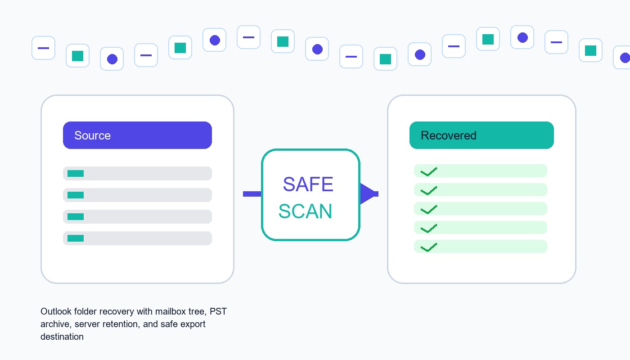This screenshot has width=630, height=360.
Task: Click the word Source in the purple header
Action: [x=92, y=135]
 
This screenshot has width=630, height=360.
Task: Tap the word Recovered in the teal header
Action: [x=448, y=135]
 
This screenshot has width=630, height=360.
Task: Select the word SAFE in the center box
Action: [x=308, y=184]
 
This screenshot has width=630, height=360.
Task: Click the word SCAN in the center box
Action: [x=306, y=211]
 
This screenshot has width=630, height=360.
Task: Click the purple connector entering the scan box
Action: [x=252, y=194]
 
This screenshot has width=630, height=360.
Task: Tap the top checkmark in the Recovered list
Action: [x=428, y=171]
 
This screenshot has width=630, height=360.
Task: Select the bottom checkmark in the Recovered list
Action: [x=428, y=247]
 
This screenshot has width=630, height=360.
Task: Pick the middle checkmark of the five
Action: [x=428, y=210]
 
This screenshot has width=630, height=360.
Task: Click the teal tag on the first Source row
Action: [x=76, y=174]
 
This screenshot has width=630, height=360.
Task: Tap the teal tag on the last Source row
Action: [x=76, y=238]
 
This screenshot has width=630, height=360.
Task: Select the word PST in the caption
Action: [x=218, y=311]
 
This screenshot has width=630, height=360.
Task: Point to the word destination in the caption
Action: [x=62, y=337]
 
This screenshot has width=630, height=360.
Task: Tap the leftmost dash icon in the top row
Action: [x=43, y=48]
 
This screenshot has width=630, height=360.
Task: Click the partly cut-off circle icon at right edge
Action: [x=623, y=58]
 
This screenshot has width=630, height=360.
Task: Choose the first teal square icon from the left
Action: [x=77, y=56]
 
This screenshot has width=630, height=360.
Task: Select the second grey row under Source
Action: [x=137, y=195]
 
